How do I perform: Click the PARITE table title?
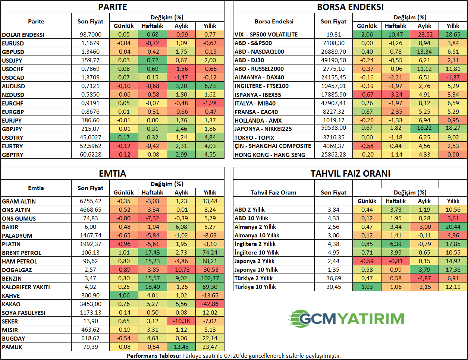112,7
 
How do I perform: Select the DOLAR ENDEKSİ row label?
23,35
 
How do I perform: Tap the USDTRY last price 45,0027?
91,138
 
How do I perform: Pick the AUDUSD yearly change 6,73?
210,86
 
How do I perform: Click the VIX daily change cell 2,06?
367,34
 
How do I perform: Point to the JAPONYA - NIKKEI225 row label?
263,129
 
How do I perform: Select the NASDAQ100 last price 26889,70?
333,51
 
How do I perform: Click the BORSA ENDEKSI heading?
350,7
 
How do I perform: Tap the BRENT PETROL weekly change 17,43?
153,253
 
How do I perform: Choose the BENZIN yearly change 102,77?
210,278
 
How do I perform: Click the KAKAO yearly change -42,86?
210,304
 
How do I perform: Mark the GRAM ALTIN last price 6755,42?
91,201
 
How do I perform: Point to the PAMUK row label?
12,347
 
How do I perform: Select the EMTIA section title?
112,174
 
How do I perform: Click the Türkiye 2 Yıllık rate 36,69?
333,278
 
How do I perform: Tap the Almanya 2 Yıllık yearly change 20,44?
453,227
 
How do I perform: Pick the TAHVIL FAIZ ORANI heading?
350,174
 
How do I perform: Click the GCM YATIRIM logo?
346,319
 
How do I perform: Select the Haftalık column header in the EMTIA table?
153,193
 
